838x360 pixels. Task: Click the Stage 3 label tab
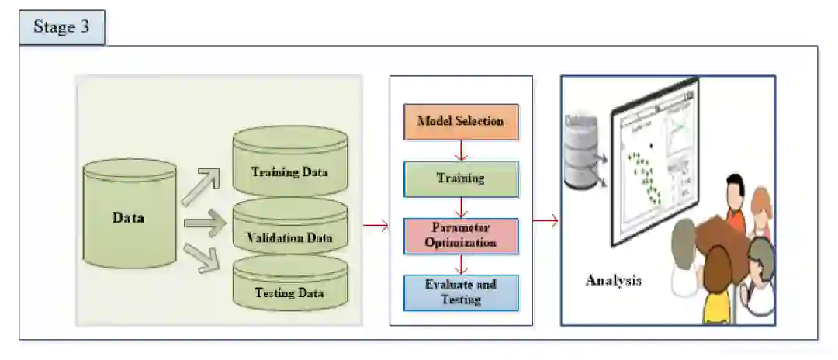[61, 28]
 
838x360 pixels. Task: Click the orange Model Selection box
[461, 122]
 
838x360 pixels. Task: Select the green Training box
[461, 178]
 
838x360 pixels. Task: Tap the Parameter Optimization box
[461, 235]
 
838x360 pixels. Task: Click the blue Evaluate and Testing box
[461, 292]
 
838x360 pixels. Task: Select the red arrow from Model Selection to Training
[461, 151]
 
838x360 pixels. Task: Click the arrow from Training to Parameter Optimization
[461, 207]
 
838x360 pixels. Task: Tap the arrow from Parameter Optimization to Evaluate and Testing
[461, 265]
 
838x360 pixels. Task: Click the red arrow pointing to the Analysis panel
[545, 222]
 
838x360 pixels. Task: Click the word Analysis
[614, 280]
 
